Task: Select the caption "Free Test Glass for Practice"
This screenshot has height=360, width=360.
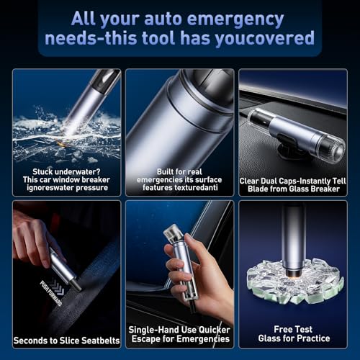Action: coord(294,333)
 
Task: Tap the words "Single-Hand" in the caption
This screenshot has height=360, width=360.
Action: coord(156,328)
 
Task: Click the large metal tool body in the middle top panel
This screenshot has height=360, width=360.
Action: coord(176,122)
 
